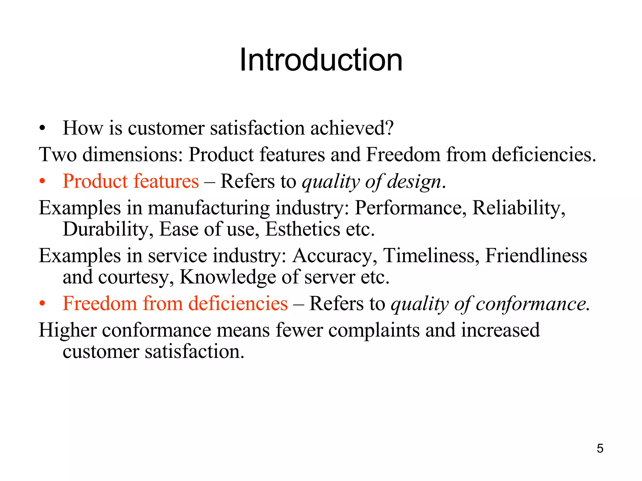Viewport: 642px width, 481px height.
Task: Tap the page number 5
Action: click(x=600, y=448)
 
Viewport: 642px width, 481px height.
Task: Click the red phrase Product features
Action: click(x=131, y=181)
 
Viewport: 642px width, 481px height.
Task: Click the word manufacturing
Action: click(x=208, y=208)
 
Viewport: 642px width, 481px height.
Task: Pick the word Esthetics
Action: click(x=302, y=229)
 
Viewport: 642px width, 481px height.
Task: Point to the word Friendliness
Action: click(x=536, y=256)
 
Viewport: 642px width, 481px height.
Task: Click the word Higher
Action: click(x=68, y=330)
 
